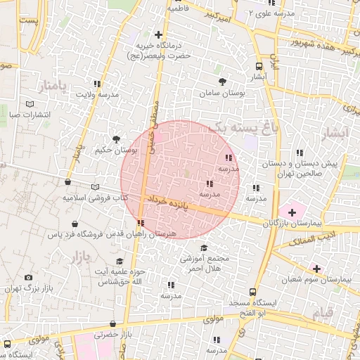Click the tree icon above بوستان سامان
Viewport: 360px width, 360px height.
223,82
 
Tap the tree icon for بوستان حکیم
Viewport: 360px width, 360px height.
116,139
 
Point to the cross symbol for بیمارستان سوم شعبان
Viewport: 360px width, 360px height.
316,268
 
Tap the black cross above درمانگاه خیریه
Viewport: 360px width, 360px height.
158,34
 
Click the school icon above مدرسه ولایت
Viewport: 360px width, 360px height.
97,84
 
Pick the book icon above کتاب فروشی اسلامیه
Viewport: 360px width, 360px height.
96,187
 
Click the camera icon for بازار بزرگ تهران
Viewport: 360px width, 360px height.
28,278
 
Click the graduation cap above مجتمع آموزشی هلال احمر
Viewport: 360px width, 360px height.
204,247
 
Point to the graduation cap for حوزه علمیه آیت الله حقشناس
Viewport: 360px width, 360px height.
120,262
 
